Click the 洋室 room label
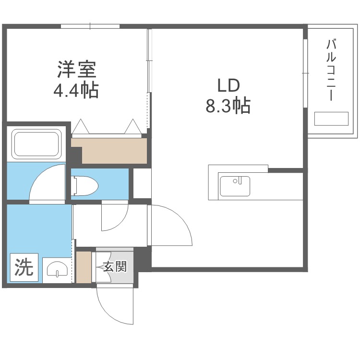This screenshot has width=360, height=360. (77, 69)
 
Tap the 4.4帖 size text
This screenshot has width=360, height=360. (76, 90)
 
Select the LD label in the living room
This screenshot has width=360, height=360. (228, 85)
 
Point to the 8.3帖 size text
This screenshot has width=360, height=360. (228, 106)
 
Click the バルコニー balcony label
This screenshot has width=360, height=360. (331, 70)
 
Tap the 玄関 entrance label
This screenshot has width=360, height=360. (115, 266)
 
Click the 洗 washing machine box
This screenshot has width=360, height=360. (24, 267)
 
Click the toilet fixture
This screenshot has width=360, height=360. (84, 185)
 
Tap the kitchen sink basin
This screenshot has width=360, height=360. (235, 186)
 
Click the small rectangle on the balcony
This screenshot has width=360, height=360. (331, 119)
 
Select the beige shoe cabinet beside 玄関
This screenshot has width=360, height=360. (84, 267)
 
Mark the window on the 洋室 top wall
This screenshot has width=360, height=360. (90, 26)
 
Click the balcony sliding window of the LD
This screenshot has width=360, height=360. (305, 73)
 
